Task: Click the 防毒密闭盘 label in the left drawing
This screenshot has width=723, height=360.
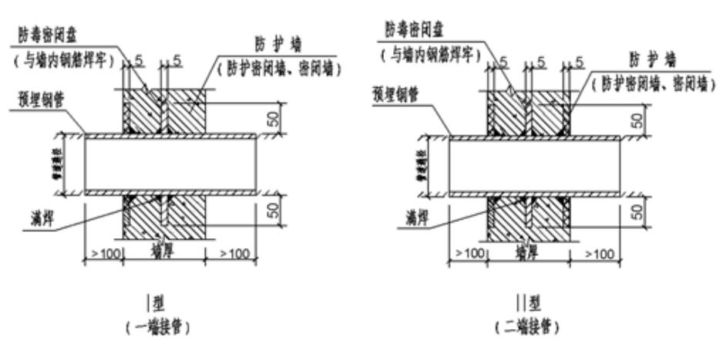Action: [52, 35]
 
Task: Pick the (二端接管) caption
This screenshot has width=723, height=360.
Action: [528, 325]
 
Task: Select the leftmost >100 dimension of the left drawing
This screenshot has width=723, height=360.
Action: [102, 253]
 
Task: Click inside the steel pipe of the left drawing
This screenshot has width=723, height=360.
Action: [170, 164]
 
